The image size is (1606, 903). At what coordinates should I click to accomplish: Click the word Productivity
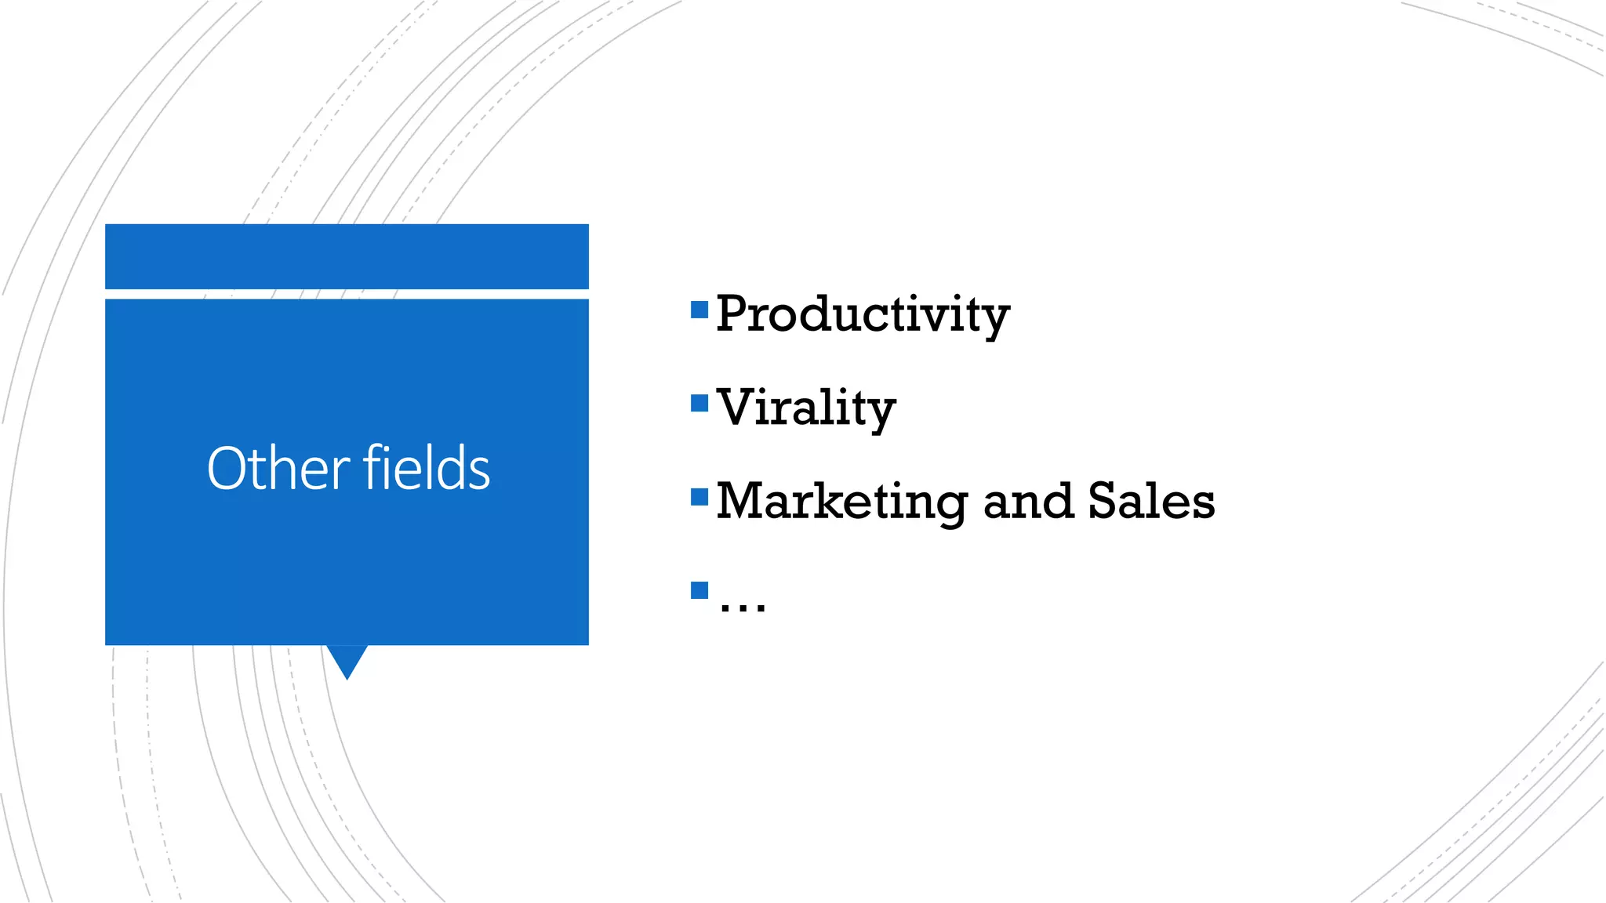863,314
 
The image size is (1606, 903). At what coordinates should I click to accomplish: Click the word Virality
806,408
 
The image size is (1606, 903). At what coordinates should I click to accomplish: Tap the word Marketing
841,502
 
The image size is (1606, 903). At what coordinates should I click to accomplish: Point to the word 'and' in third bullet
1027,502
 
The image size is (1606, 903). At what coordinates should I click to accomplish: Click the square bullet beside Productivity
699,310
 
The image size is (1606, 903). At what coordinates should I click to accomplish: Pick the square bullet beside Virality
699,404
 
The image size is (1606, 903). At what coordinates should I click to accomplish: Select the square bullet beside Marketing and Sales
699,497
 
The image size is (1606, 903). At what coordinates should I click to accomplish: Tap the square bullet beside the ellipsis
699,590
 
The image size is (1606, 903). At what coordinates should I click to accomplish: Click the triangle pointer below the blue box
347,658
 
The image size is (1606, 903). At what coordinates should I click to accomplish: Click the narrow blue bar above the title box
347,256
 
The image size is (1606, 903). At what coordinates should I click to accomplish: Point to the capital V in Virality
737,408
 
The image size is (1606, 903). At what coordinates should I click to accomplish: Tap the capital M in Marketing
743,502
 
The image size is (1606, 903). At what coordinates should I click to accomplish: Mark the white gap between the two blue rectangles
347,294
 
